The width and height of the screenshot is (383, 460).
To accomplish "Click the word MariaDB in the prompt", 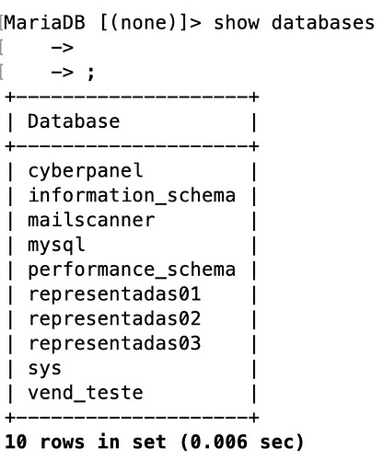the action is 44,23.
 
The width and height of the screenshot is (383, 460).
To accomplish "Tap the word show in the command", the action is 237,23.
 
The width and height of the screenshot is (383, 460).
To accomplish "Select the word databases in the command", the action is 323,23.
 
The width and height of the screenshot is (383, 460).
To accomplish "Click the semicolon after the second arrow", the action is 90,74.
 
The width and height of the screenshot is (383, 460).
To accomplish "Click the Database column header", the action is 74,121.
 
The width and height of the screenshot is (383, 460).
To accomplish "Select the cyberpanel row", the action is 86,171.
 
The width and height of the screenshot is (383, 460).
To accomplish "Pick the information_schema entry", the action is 132,196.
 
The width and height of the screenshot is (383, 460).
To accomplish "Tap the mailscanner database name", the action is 91,220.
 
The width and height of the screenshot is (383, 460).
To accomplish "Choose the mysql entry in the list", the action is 56,246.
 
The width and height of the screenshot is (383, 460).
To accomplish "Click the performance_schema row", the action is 132,270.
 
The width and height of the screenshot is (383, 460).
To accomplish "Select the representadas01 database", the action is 114,293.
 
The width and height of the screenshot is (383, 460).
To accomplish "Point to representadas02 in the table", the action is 114,318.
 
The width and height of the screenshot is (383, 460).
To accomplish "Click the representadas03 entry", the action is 114,343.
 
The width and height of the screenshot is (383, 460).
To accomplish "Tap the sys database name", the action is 44,369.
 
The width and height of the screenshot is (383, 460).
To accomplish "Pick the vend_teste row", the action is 86,393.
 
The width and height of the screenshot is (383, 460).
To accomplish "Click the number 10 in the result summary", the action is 16,442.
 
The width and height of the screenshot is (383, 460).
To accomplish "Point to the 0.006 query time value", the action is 218,442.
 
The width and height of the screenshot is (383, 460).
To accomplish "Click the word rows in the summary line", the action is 62,443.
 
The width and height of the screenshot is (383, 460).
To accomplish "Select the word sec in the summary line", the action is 276,443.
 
